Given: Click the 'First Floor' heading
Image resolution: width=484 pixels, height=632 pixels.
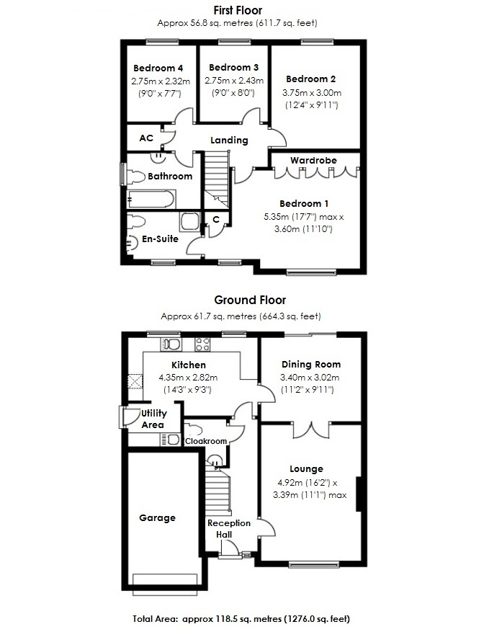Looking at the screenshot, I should [x=241, y=10].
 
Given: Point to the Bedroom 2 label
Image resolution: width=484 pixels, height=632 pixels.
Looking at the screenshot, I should [x=310, y=79].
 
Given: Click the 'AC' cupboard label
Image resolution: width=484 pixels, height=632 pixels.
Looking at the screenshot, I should [x=146, y=138].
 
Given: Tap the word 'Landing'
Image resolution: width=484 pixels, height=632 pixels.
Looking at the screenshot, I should [x=229, y=141].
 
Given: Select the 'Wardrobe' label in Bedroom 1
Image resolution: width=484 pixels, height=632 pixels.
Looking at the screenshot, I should [x=313, y=160].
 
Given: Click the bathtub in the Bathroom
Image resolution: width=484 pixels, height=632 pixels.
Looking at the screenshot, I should [x=151, y=198].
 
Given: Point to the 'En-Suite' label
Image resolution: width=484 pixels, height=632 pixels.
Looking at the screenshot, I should [x=161, y=239].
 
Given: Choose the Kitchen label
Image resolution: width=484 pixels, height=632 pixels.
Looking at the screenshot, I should [x=189, y=365].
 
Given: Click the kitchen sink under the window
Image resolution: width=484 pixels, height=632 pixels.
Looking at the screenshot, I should [x=171, y=344].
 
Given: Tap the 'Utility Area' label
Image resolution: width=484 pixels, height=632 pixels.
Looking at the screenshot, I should [x=154, y=419].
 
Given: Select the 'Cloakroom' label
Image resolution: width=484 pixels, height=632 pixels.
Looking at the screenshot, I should [x=206, y=441].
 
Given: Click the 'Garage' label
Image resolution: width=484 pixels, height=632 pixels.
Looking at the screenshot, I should [x=158, y=517].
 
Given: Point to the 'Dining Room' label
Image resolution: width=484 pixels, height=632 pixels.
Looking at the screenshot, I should [x=311, y=365].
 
